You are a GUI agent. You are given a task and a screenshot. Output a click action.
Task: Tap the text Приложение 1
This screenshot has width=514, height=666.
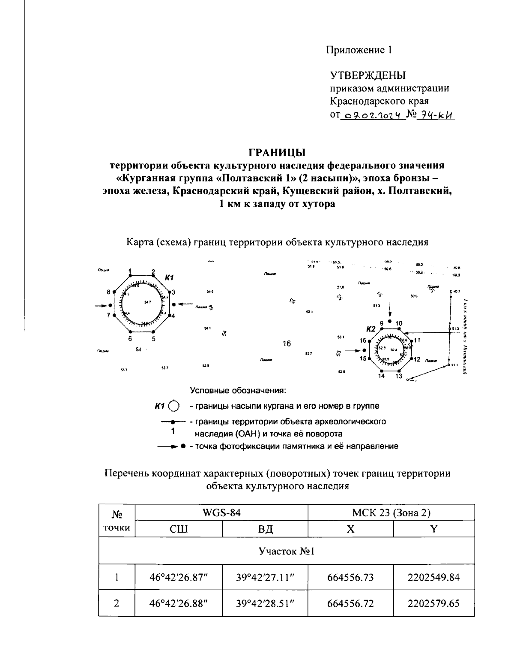359,50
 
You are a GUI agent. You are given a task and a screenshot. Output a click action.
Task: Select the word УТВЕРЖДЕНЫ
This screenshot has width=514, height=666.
368,76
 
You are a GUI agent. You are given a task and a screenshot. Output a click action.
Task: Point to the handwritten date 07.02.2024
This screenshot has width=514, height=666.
372,115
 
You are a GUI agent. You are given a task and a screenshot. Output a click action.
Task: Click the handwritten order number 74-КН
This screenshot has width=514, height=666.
434,115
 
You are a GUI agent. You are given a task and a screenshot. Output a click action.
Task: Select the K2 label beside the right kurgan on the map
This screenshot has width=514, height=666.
371,329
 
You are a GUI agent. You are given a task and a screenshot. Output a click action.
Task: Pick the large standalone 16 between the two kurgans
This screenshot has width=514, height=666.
287,344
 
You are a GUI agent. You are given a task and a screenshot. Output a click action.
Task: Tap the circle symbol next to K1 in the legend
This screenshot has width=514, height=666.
174,406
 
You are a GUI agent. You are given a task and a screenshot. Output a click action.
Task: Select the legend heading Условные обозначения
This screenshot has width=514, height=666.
238,391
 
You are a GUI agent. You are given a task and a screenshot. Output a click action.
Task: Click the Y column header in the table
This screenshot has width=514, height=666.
433,529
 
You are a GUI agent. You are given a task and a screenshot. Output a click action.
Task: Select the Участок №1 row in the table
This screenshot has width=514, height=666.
286,551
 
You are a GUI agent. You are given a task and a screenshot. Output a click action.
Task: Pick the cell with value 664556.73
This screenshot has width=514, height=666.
350,577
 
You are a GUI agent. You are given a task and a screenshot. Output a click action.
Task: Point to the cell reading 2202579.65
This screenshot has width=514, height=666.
433,603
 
